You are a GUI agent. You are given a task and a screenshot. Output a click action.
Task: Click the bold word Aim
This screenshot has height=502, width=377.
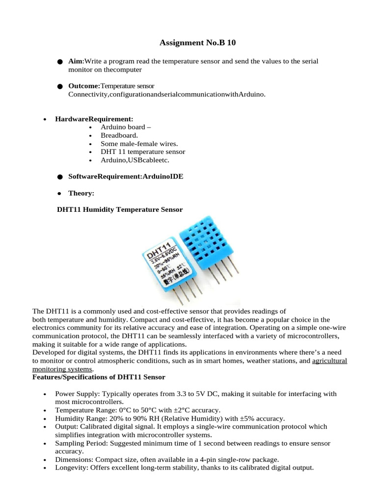click(75, 61)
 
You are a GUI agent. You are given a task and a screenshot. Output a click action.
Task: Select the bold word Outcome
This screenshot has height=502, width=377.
click(84, 86)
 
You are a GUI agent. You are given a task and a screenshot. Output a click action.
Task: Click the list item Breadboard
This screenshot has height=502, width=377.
click(119, 135)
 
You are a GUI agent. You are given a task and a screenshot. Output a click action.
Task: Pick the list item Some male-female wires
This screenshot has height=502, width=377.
click(139, 144)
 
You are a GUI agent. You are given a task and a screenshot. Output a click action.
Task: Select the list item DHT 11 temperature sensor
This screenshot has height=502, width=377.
click(143, 152)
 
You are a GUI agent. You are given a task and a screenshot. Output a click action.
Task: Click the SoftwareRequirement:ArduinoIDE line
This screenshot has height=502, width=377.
click(126, 176)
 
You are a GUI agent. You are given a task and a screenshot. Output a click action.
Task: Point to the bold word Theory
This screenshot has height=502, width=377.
click(81, 193)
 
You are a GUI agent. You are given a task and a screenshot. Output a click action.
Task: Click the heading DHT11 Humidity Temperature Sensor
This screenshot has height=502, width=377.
click(120, 209)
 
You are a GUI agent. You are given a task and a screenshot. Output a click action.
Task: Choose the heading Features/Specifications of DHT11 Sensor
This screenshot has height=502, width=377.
click(99, 377)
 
